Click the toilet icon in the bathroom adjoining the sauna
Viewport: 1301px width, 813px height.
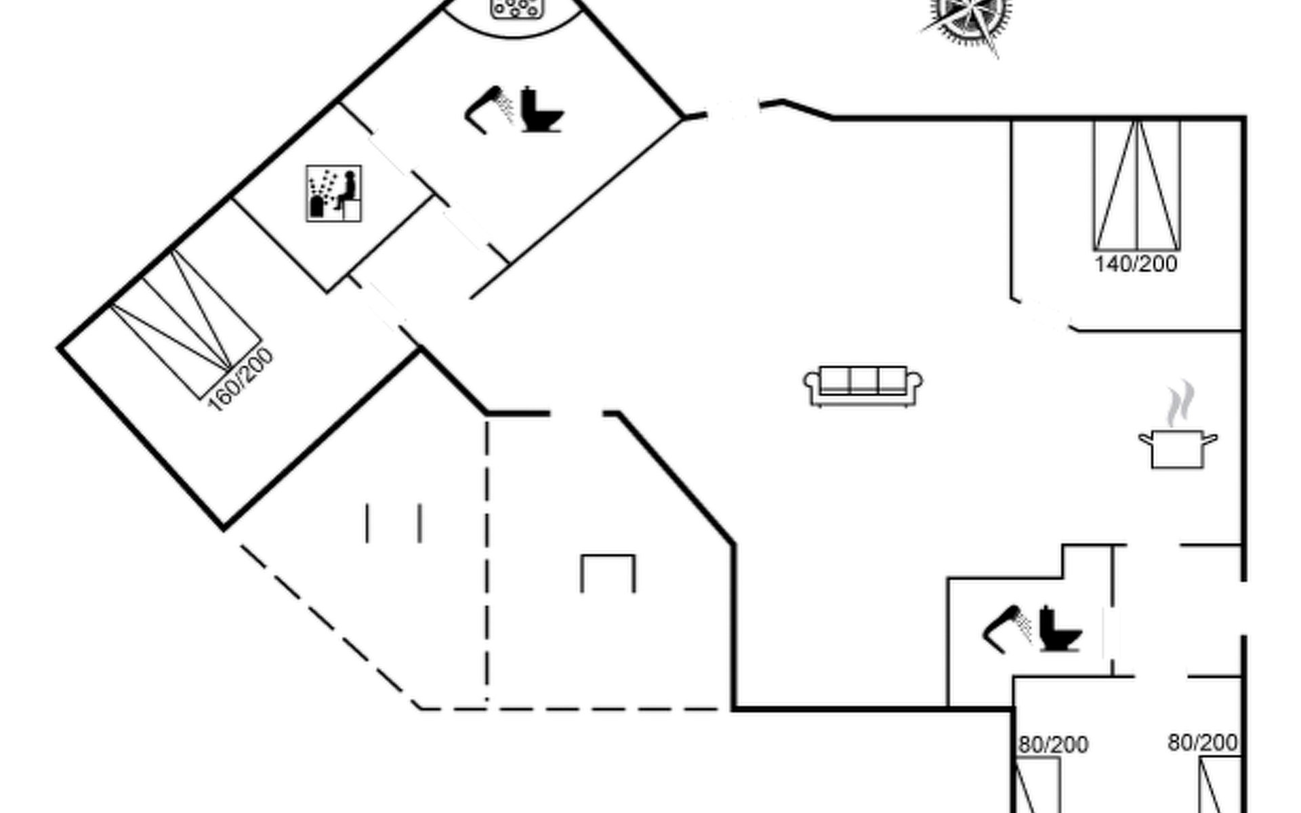541,111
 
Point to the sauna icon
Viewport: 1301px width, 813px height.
333,193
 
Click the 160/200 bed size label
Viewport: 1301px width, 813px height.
241,380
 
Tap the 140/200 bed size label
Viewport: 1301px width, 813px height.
1136,264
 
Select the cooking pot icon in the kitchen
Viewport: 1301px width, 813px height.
1178,448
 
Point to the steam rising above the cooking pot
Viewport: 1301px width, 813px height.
1180,404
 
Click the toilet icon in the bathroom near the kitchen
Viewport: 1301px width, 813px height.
1058,630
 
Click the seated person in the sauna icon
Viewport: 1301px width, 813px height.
347,190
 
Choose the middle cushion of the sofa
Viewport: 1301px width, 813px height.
863,379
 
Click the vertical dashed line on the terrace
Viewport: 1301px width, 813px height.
487,562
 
